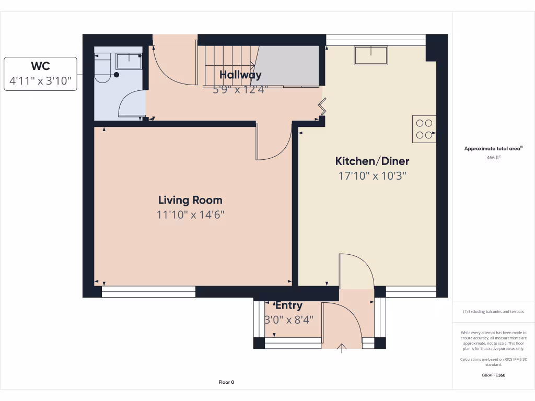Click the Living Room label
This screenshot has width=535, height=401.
[x=190, y=200]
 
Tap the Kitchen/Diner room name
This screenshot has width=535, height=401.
[x=372, y=161]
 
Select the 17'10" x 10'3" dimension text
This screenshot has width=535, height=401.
[x=372, y=176]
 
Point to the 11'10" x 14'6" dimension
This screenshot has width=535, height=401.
[x=190, y=215]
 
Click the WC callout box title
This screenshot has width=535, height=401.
[x=40, y=66]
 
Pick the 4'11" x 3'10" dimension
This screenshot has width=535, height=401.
[x=40, y=81]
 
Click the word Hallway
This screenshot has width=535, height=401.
[x=240, y=75]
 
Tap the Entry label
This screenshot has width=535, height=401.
[x=288, y=305]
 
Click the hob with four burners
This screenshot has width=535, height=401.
[x=424, y=129]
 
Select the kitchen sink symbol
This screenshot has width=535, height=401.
[x=371, y=54]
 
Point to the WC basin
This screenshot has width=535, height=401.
[x=129, y=61]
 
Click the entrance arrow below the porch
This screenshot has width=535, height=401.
[x=343, y=348]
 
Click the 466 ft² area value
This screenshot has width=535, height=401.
[x=494, y=157]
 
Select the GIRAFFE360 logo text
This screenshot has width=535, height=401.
[x=494, y=375]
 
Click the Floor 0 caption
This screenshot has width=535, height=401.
[x=226, y=382]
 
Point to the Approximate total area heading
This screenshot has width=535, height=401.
[x=493, y=149]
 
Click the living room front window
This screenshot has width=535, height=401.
[x=148, y=292]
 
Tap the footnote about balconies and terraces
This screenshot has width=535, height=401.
[x=494, y=312]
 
